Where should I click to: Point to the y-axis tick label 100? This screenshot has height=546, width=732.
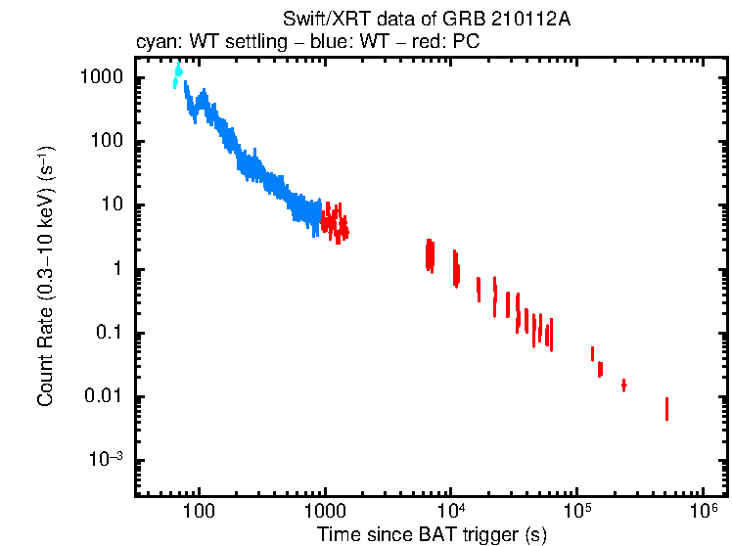[x=111, y=141]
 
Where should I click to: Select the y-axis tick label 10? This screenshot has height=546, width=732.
[x=115, y=205]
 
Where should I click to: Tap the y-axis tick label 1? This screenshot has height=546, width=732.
[x=121, y=269]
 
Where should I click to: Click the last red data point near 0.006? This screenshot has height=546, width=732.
[x=666, y=408]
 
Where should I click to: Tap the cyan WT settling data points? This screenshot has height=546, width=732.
[x=177, y=75]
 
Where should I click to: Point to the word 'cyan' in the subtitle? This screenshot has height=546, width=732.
[x=154, y=42]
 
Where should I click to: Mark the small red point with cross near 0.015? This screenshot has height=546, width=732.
[x=623, y=385]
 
